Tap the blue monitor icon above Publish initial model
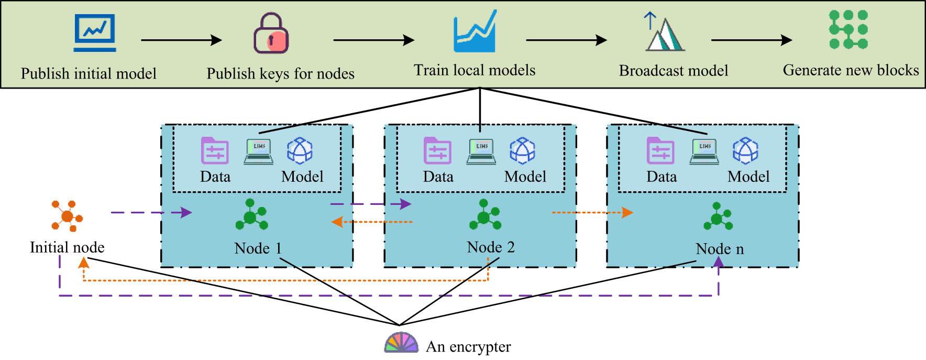(95, 32)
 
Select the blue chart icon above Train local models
(475, 32)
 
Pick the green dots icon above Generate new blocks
(848, 30)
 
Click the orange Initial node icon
(67, 215)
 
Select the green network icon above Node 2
(484, 215)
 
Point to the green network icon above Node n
(718, 216)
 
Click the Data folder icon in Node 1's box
(215, 151)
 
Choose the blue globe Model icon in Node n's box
(745, 151)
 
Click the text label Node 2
(490, 247)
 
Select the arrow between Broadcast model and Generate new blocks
(751, 40)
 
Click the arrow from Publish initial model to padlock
(181, 40)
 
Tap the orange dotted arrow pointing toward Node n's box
(592, 212)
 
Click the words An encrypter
(468, 347)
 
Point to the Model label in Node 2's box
(525, 177)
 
